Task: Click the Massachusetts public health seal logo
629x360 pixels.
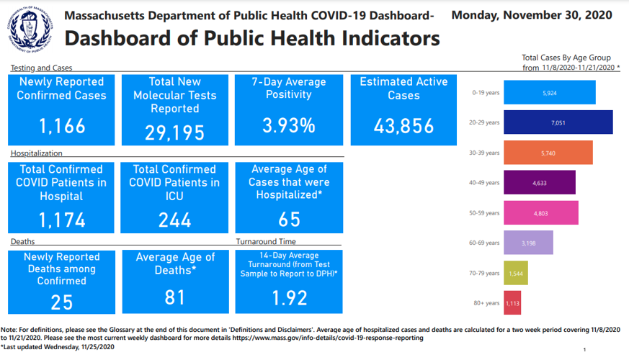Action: point(30,30)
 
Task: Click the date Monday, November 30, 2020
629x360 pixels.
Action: point(532,15)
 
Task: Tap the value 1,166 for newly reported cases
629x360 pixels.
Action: point(61,127)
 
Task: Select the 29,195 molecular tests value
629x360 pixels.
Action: point(174,132)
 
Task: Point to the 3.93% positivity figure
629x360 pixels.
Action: point(288,126)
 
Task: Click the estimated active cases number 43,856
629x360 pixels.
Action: point(403,126)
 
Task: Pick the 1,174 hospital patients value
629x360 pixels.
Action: point(61,220)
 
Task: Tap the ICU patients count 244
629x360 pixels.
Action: point(174,220)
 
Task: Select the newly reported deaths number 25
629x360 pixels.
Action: point(61,302)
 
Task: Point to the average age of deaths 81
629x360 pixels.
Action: point(174,297)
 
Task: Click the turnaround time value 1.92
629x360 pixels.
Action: point(288,297)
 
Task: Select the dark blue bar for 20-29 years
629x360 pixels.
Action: point(558,122)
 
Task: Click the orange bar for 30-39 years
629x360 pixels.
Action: point(548,153)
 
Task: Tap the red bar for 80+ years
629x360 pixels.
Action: point(512,303)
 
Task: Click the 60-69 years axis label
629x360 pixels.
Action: point(483,243)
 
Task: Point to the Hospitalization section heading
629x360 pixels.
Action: point(36,153)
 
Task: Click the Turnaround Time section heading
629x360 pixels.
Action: point(266,241)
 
